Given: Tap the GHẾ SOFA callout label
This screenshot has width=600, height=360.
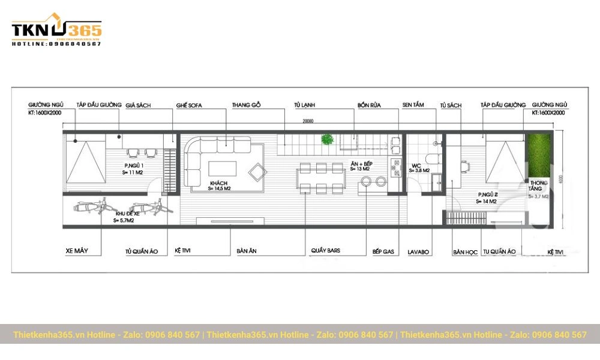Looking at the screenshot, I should (189, 105).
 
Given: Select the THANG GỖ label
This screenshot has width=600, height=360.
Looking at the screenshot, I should (247, 105).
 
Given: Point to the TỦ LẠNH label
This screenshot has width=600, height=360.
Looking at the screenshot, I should (304, 105).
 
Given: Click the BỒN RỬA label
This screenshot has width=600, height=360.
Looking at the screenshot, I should (369, 105).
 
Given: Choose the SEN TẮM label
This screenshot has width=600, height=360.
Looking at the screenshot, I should (413, 105).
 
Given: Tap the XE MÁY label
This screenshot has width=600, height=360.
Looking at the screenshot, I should (77, 251).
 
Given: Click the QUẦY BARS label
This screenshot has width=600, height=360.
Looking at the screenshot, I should (325, 251).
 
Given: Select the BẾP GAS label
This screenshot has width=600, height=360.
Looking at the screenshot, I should (383, 251).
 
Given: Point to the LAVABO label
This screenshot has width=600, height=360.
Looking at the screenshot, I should (418, 252).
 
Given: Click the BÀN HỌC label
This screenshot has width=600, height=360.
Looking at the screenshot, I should (465, 252).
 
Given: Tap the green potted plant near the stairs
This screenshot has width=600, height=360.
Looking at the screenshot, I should (327, 140).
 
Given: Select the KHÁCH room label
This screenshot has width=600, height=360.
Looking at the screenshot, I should (218, 183).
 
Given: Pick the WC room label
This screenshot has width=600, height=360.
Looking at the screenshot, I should (416, 166).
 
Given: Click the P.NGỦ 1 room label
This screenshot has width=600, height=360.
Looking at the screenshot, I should (133, 166).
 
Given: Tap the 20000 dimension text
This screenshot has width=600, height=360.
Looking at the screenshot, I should (307, 121).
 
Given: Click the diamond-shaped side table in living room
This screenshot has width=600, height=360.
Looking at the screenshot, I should (257, 173).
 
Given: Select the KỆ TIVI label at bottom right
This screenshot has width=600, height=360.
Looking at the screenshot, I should (556, 252).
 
